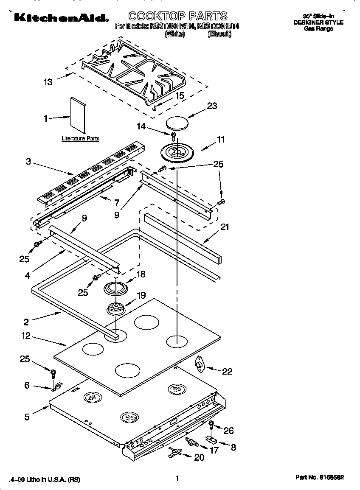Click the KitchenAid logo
click(60, 17)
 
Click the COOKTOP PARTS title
click(178, 16)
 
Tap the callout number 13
click(48, 82)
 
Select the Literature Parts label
click(80, 139)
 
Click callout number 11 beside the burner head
click(220, 139)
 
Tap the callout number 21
click(225, 227)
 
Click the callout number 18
click(141, 274)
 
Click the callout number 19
click(141, 295)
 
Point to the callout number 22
click(227, 371)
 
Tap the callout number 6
click(27, 385)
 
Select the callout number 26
click(228, 431)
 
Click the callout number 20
click(199, 457)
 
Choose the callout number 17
click(214, 450)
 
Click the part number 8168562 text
click(319, 477)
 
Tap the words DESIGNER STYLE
click(318, 22)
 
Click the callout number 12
click(26, 336)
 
